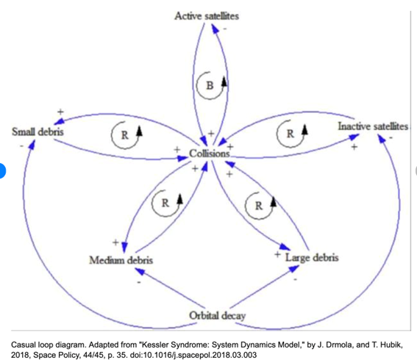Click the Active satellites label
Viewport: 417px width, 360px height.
207,16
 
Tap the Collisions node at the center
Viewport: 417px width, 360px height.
210,154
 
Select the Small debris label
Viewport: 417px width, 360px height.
38,132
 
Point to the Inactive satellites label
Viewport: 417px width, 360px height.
373,126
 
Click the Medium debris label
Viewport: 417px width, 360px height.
121,260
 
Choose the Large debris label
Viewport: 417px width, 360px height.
312,257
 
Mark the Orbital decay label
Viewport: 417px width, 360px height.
217,316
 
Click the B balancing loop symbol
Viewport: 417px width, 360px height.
211,85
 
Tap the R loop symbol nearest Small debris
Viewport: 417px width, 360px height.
126,135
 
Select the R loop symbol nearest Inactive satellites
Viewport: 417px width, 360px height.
292,134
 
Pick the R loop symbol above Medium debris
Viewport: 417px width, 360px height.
167,204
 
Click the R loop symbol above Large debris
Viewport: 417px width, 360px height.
260,206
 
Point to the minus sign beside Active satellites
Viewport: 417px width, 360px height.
225,29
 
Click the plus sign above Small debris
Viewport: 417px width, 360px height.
60,112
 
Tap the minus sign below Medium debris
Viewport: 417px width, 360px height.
139,282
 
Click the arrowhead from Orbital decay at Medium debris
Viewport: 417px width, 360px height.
140,271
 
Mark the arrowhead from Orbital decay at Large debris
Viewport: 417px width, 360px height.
293,269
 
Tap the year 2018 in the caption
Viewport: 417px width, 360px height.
20,355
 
